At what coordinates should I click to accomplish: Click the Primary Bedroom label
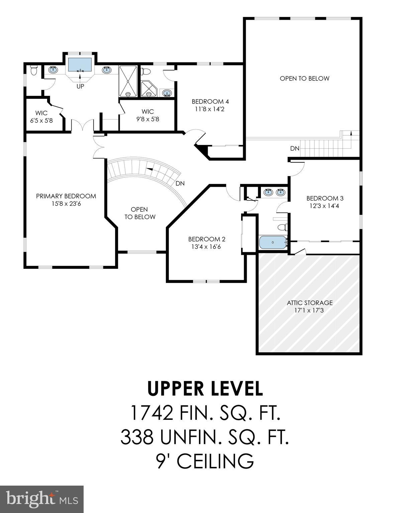[66, 196]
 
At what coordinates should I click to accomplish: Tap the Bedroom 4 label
[210, 102]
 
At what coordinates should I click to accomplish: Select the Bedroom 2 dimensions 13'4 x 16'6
[207, 247]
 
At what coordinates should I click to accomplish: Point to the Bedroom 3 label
[325, 198]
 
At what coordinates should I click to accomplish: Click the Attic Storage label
[310, 303]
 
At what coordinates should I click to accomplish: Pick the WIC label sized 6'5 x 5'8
[41, 113]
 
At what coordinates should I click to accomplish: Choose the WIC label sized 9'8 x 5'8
[147, 112]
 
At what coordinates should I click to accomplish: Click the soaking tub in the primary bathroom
[80, 64]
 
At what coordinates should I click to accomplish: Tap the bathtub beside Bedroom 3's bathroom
[273, 242]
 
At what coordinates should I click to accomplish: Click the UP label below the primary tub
[80, 86]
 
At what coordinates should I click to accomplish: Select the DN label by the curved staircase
[180, 183]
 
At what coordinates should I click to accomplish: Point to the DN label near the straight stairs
[295, 148]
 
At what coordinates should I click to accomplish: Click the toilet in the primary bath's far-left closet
[33, 70]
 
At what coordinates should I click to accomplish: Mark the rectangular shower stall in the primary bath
[128, 81]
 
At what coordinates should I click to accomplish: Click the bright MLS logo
[42, 499]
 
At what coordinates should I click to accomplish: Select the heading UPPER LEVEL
[205, 388]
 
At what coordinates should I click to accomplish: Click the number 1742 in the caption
[152, 413]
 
